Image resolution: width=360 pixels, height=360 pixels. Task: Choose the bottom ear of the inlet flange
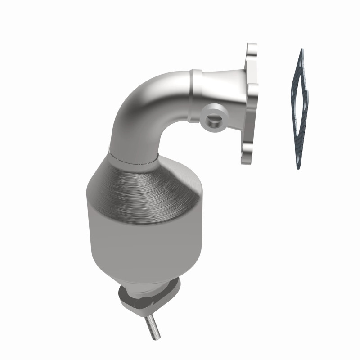tap(247, 155)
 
